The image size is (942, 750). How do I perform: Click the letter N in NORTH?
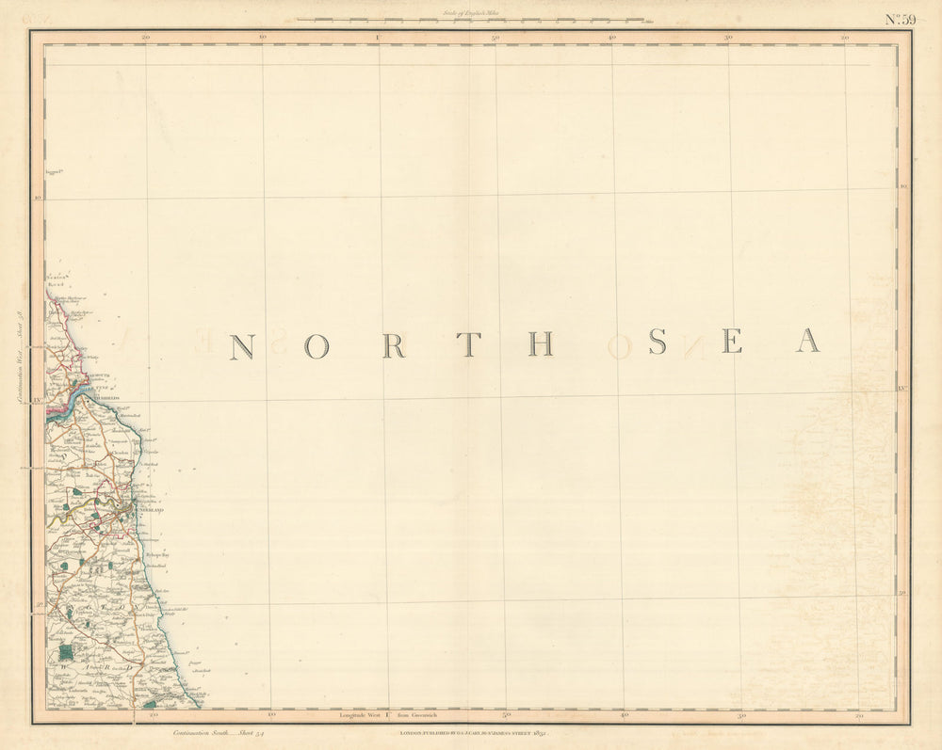(242, 347)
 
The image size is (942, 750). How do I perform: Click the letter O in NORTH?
(318, 347)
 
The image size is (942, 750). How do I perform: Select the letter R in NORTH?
(393, 346)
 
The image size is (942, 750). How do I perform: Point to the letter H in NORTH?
(541, 344)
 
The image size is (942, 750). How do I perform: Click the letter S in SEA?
(658, 343)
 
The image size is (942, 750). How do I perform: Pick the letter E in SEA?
(732, 342)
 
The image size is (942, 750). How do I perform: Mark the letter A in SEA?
(807, 341)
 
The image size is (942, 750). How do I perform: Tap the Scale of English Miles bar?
(471, 19)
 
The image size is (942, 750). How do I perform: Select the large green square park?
(65, 651)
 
